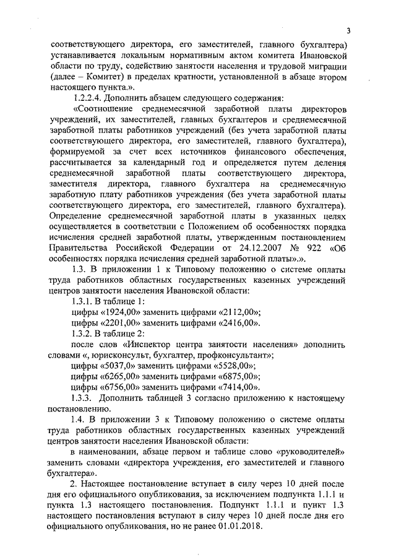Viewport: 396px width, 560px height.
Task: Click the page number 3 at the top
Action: pyautogui.click(x=348, y=31)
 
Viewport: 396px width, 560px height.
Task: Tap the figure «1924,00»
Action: pyautogui.click(x=119, y=311)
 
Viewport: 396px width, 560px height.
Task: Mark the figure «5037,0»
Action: pyautogui.click(x=118, y=367)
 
